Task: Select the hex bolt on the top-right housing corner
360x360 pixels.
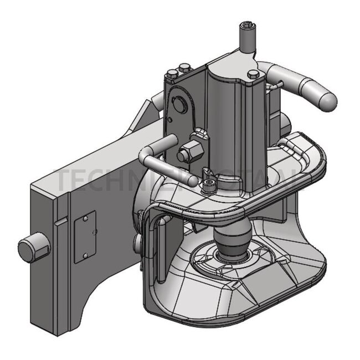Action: [253, 74]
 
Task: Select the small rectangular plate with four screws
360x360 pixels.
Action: [85, 236]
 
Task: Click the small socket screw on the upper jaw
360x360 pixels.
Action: [209, 187]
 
